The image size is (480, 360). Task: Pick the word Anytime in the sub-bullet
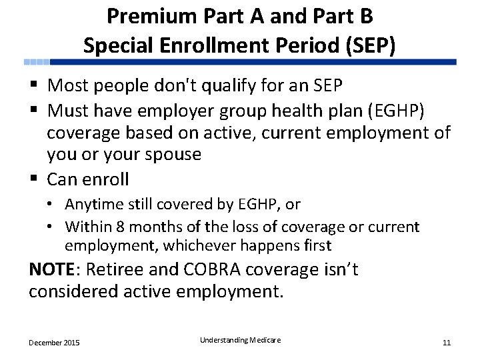tap(92, 204)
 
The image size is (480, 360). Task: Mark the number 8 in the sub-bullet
tap(121, 227)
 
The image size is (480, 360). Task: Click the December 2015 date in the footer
tap(54, 343)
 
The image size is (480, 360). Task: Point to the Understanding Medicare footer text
tap(240, 340)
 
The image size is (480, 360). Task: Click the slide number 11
tap(447, 343)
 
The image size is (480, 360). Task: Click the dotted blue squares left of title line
tap(37, 62)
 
